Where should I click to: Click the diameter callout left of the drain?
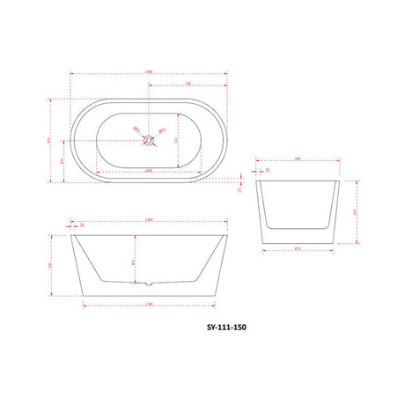tap(136, 130)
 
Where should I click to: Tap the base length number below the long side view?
tap(148, 306)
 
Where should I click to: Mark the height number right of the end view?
tap(355, 211)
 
